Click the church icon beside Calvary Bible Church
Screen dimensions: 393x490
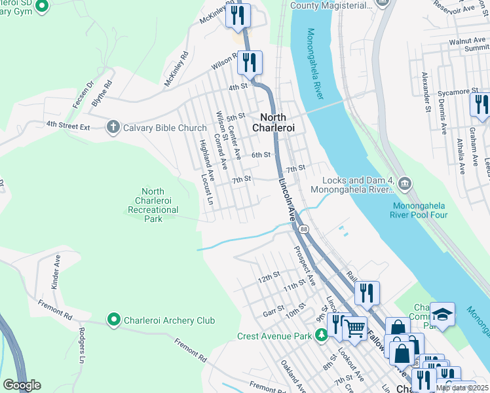pyautogui.click(x=113, y=127)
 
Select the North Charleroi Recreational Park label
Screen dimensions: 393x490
pyautogui.click(x=152, y=205)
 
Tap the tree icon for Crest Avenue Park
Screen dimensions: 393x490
pyautogui.click(x=321, y=336)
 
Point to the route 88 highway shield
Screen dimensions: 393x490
pyautogui.click(x=304, y=229)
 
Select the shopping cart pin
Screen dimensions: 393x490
pyautogui.click(x=354, y=329)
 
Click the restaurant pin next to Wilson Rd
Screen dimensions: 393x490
pyautogui.click(x=250, y=63)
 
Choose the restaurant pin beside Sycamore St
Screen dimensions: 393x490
pyautogui.click(x=480, y=103)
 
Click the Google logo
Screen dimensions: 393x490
pyautogui.click(x=22, y=385)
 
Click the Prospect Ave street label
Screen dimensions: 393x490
pyautogui.click(x=305, y=265)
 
